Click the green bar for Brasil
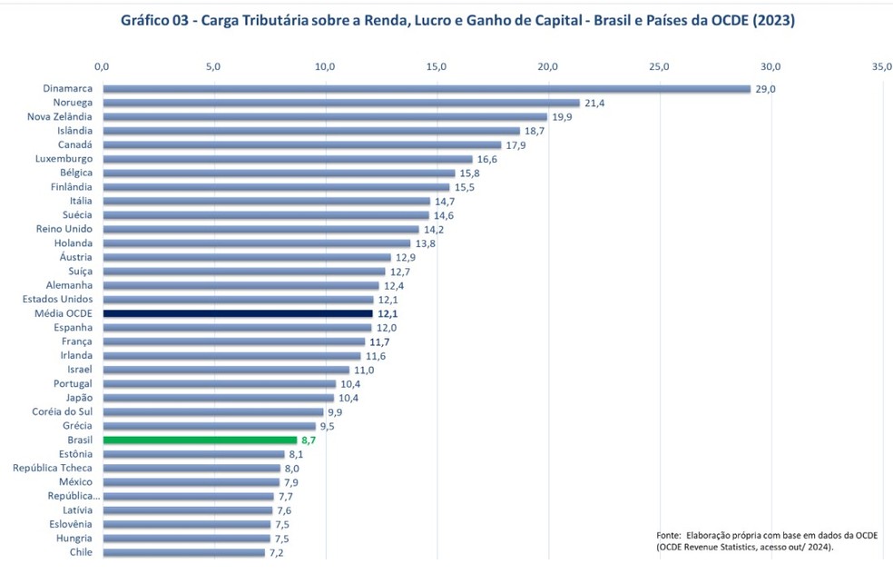pyautogui.click(x=200, y=440)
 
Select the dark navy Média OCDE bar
pyautogui.click(x=238, y=313)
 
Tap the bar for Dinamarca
pyautogui.click(x=427, y=89)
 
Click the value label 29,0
pyautogui.click(x=766, y=89)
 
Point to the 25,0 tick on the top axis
pyautogui.click(x=659, y=66)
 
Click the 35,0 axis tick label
pyautogui.click(x=881, y=66)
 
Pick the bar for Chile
pyautogui.click(x=183, y=552)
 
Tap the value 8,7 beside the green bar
pyautogui.click(x=309, y=440)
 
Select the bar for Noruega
pyautogui.click(x=340, y=103)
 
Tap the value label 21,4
pyautogui.click(x=594, y=103)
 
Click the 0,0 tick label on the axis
pyautogui.click(x=102, y=66)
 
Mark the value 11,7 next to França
pyautogui.click(x=379, y=341)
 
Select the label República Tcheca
pyautogui.click(x=53, y=468)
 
